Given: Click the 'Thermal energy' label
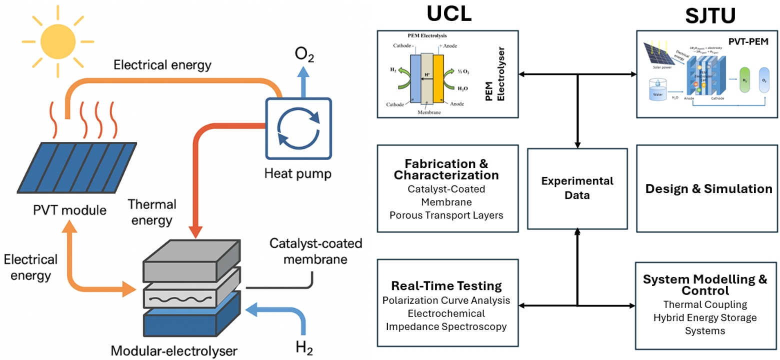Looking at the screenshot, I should (152, 212).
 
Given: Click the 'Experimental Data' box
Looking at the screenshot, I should (577, 188).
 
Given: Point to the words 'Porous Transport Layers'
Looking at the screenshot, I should (447, 215).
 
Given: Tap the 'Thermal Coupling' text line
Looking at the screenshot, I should (705, 304).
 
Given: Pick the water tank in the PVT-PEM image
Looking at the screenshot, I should (654, 91).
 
